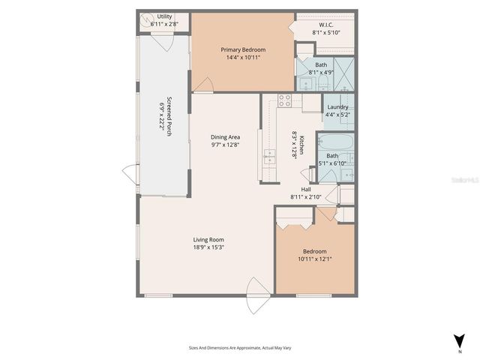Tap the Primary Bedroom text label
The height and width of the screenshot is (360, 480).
[243, 49]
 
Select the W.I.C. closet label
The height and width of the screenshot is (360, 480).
[325, 25]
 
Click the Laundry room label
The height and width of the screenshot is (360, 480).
[337, 107]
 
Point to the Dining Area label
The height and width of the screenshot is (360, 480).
[225, 137]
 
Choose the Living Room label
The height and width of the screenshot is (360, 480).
[208, 240]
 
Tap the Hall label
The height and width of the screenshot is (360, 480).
[306, 190]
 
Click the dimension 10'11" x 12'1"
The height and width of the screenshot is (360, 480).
[314, 259]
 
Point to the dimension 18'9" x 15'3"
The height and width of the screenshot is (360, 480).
[208, 247]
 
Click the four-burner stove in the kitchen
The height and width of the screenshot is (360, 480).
[285, 100]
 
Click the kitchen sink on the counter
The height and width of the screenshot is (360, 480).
[268, 157]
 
